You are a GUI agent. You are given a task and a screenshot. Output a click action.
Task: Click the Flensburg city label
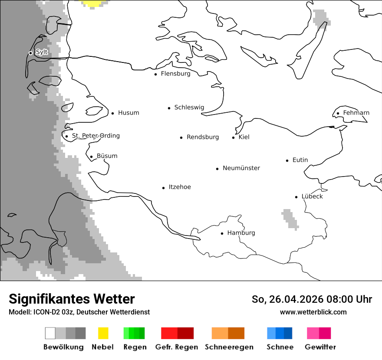(175, 74)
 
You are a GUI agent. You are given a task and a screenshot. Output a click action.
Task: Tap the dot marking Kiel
(233, 137)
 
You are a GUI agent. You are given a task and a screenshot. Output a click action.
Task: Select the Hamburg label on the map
(241, 233)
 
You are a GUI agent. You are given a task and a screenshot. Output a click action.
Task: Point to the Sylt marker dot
(30, 53)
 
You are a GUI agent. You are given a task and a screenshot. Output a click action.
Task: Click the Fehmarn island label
(356, 113)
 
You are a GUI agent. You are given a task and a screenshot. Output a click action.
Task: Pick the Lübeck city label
(312, 196)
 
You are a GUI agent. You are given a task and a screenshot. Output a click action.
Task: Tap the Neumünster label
(241, 168)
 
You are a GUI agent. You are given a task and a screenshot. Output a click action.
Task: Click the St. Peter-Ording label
(95, 136)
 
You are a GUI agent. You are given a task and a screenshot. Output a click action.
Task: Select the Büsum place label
(107, 156)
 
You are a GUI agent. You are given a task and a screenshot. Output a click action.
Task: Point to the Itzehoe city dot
(163, 188)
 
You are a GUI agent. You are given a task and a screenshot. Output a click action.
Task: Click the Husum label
(128, 113)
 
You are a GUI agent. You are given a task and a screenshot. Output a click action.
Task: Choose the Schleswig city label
(189, 108)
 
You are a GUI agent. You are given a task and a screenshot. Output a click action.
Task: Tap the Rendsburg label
(203, 137)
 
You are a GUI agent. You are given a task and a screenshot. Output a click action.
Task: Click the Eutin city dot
(287, 160)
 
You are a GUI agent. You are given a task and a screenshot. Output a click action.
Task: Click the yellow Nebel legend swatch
(103, 333)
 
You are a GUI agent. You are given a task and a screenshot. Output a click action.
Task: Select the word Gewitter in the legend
(320, 347)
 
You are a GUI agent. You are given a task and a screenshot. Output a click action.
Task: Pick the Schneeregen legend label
(229, 347)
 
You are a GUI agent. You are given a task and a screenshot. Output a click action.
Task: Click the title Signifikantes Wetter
(72, 299)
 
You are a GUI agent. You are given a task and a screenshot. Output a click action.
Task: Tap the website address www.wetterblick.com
(313, 312)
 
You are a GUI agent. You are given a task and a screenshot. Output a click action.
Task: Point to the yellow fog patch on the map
(94, 3)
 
